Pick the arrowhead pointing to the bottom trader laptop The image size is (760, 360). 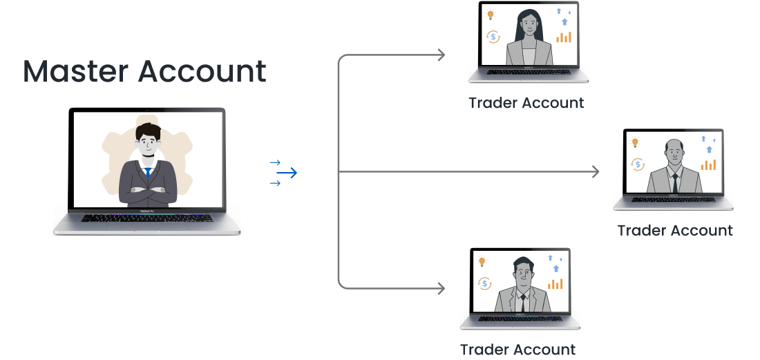coord(441,288)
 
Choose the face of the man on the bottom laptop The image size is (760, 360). coord(523,274)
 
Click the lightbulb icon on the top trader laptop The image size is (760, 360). coord(491,15)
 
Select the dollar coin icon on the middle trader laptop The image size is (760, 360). coord(638,164)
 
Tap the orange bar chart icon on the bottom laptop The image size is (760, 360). coord(555,283)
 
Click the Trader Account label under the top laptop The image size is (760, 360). coord(526,104)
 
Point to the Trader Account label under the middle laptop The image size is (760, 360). coord(674,230)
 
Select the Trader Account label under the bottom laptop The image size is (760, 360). coord(517,350)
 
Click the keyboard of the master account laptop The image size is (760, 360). coord(147,218)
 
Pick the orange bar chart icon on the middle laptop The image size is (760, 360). coord(708,164)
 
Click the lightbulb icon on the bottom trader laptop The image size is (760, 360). coord(482,261)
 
